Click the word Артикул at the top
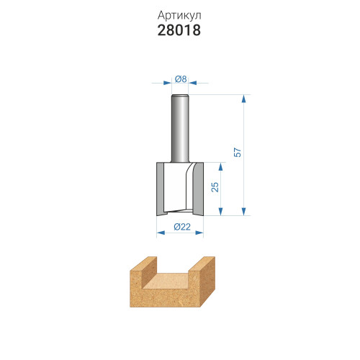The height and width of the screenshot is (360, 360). click(x=179, y=16)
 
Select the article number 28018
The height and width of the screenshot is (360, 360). click(x=179, y=30)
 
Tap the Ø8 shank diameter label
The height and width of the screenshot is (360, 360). click(x=181, y=78)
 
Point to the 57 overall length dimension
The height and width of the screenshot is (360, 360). click(x=238, y=153)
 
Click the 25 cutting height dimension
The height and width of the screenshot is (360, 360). click(x=215, y=187)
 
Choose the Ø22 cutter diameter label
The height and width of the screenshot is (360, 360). click(x=182, y=227)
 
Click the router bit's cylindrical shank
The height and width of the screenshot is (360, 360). click(x=180, y=128)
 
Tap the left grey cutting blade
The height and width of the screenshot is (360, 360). click(x=160, y=189)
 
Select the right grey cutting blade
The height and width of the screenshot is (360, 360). click(x=198, y=189)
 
